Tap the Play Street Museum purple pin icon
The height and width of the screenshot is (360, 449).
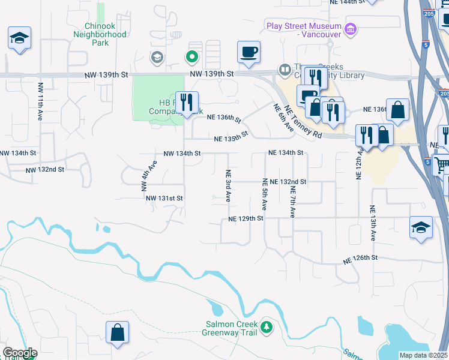point(351,28)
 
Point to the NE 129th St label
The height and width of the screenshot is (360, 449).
point(246,219)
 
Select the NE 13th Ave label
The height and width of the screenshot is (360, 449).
point(372,223)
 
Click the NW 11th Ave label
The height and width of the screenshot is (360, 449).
point(41,99)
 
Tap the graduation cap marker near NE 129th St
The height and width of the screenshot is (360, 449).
point(421,227)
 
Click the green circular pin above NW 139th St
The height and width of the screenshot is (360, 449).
point(191,58)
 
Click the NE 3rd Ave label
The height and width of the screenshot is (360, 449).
point(228,185)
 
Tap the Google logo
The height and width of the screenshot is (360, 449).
point(19,353)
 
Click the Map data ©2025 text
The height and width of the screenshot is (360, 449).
point(423,355)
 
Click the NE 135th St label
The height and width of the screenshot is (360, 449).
point(231,138)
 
